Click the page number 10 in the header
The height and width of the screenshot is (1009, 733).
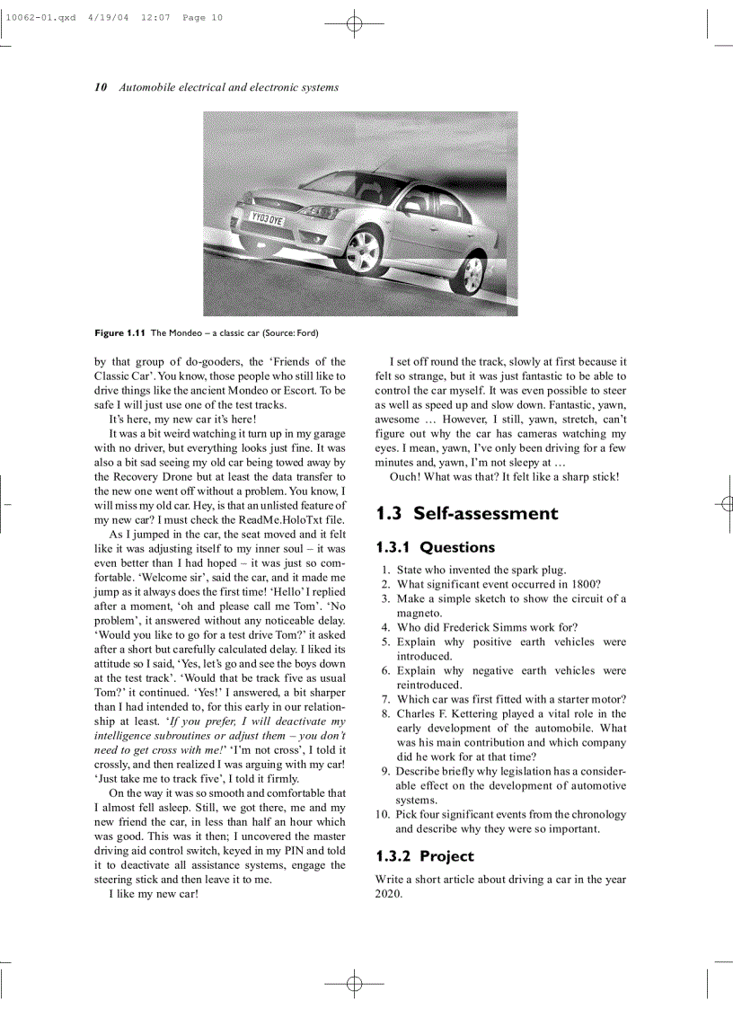click(101, 87)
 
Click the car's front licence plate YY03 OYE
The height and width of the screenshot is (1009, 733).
click(267, 217)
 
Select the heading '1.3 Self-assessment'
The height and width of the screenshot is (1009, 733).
click(466, 514)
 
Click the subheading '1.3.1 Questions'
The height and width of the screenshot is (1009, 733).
click(435, 547)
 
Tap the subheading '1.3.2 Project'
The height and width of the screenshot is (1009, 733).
click(424, 856)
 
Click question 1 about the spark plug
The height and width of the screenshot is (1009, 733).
click(481, 570)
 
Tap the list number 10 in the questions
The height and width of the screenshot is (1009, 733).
click(382, 814)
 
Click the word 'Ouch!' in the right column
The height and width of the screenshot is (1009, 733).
click(406, 476)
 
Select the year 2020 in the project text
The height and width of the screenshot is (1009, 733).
click(387, 894)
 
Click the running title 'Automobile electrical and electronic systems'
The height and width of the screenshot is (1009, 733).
click(229, 87)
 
